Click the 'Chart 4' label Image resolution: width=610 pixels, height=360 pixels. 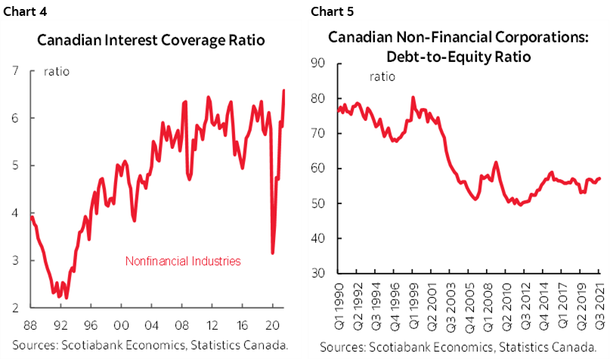tap(25, 11)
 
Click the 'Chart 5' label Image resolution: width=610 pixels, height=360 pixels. tap(333, 11)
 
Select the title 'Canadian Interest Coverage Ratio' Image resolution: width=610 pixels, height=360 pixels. tap(151, 40)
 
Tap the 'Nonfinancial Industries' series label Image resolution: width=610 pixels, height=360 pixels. tap(183, 261)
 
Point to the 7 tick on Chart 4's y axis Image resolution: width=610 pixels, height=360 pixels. tap(15, 70)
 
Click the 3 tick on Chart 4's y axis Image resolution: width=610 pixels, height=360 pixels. tap(15, 260)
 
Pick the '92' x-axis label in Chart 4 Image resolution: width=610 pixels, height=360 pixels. tap(60, 325)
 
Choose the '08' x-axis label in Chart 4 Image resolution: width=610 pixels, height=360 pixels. tap(181, 325)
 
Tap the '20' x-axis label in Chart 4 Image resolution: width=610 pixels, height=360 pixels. tap(273, 325)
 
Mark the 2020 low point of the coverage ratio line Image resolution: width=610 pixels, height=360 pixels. tap(272, 253)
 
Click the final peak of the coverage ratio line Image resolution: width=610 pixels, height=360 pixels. tap(283, 90)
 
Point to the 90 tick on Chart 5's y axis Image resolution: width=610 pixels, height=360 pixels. tap(317, 63)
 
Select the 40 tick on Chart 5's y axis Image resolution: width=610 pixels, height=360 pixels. tap(317, 237)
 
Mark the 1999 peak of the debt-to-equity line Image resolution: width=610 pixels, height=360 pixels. tap(413, 98)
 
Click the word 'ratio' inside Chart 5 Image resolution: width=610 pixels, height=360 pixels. tap(382, 76)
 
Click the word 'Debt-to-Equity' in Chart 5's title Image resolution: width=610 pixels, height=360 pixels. tap(438, 57)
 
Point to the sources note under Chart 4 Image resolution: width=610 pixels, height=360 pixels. tap(150, 345)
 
